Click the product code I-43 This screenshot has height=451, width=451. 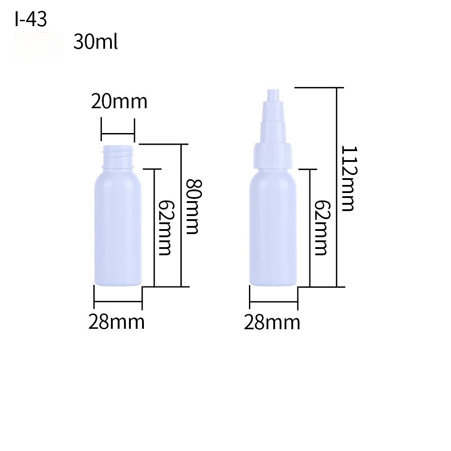tap(31, 19)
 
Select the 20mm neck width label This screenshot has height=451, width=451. tap(119, 101)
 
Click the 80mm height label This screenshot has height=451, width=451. tap(193, 207)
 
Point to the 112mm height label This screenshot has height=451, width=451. tap(348, 179)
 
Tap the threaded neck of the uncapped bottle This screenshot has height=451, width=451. tap(118, 154)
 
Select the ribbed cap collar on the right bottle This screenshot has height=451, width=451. tap(274, 155)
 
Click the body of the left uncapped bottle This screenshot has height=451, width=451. tap(118, 230)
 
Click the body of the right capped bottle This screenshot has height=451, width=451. tap(274, 230)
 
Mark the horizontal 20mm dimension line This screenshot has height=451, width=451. tap(118, 133)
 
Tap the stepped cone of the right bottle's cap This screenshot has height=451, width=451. tap(274, 122)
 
